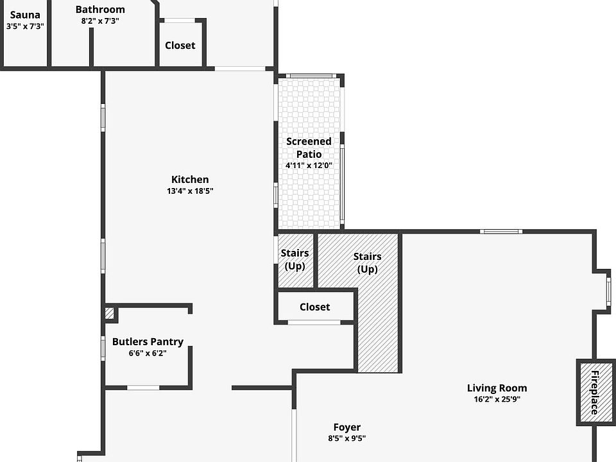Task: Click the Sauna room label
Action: click(x=25, y=15)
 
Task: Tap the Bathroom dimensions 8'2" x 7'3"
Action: click(x=100, y=21)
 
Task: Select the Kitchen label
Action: click(x=190, y=180)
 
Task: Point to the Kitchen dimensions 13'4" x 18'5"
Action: click(x=190, y=191)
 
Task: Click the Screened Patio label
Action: click(x=309, y=148)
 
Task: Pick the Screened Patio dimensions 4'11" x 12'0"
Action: click(x=309, y=166)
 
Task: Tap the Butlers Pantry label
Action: click(x=148, y=342)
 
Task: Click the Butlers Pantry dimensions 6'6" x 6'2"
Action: click(x=148, y=353)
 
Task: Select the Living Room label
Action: click(x=497, y=388)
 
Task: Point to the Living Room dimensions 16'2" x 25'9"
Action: click(x=497, y=399)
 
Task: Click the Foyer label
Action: click(x=346, y=427)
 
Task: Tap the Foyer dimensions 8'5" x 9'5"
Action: click(x=346, y=439)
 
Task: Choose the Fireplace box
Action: click(x=593, y=392)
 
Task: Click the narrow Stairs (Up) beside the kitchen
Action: click(x=295, y=260)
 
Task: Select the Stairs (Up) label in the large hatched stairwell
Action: click(x=367, y=262)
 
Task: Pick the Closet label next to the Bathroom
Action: click(x=180, y=46)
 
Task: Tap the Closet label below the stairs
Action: click(x=315, y=307)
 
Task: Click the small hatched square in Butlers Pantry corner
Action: click(x=110, y=313)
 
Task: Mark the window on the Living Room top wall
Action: click(x=501, y=232)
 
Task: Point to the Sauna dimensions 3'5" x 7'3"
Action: click(x=25, y=26)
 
